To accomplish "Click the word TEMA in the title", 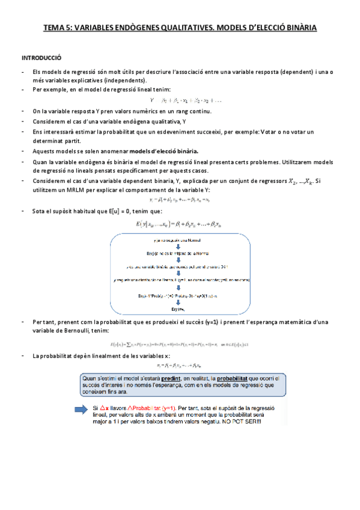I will click(x=54, y=28).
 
